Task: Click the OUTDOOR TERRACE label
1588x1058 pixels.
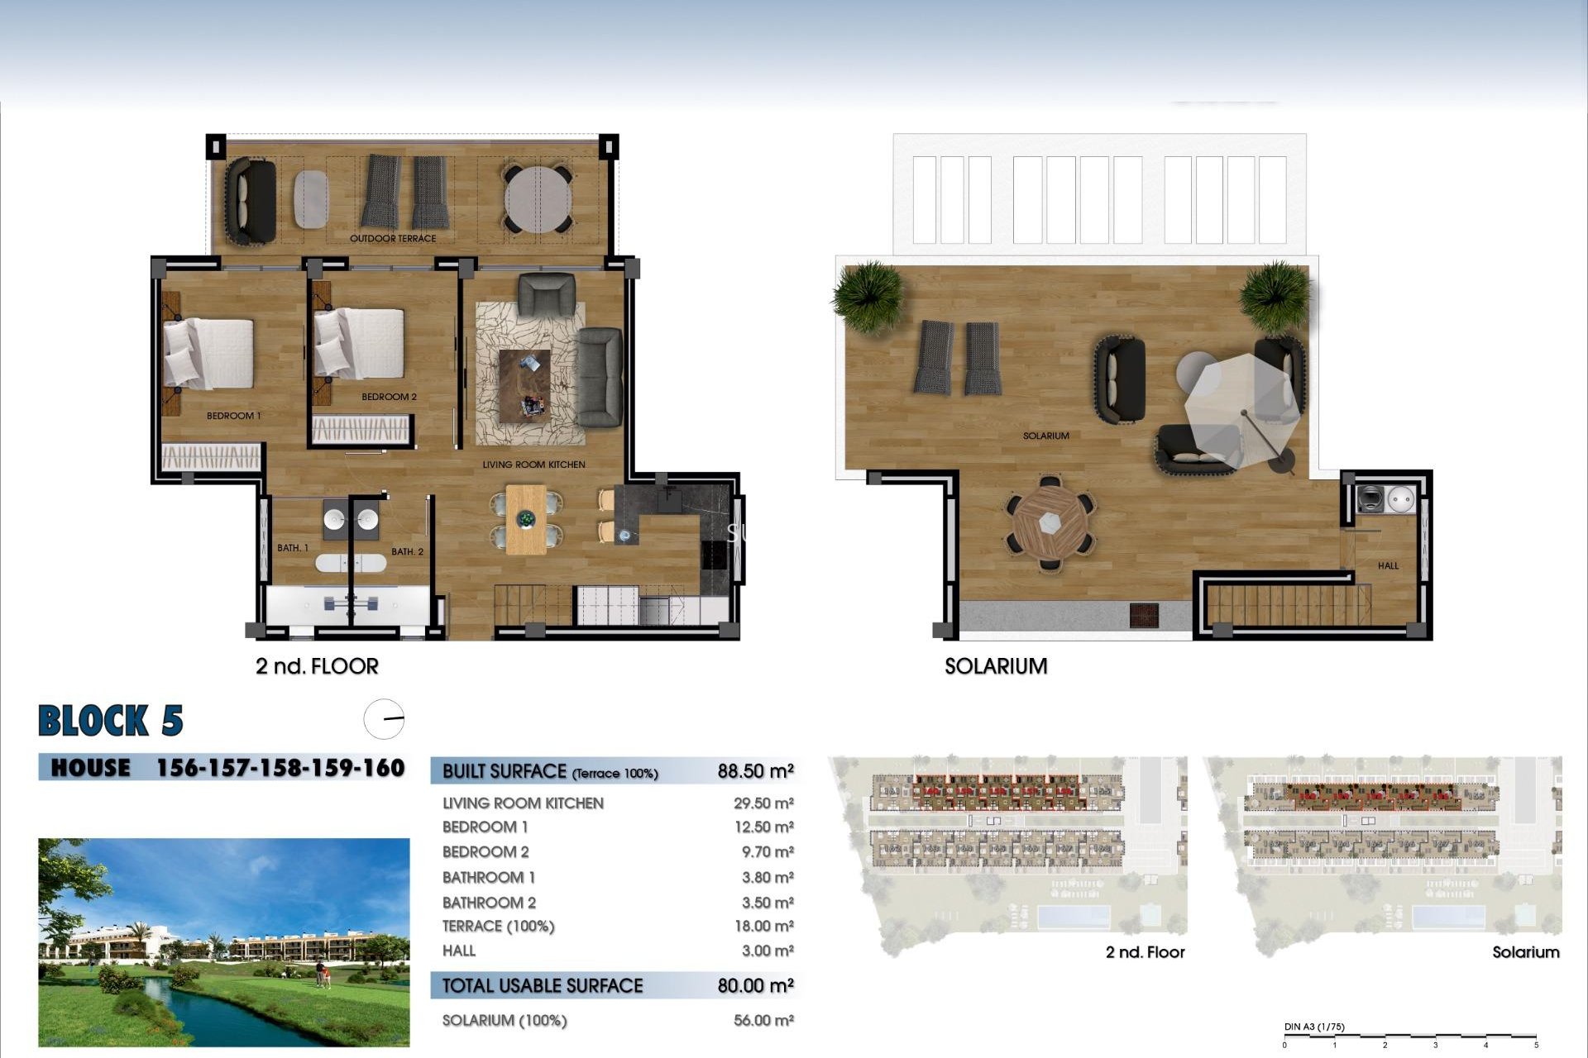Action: coord(393,239)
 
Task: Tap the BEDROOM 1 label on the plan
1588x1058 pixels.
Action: coord(233,416)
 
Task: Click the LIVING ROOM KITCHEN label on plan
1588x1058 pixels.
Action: coord(533,465)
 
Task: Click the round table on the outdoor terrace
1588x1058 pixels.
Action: coord(538,199)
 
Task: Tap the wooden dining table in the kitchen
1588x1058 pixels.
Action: coord(526,519)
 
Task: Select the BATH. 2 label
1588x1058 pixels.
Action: coord(407,551)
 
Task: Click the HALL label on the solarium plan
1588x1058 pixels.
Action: coord(1388,566)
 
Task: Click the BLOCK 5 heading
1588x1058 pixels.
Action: coord(111,721)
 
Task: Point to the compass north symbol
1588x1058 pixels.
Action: coord(384,719)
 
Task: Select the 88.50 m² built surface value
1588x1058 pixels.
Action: coord(755,771)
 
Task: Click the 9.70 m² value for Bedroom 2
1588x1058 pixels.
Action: coord(763,852)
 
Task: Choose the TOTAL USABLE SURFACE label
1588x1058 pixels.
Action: coord(543,985)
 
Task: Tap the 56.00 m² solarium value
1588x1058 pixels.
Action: coord(763,1021)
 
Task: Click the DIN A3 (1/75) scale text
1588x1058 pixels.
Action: coord(1314,1027)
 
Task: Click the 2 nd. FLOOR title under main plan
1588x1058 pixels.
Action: coord(317,666)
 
